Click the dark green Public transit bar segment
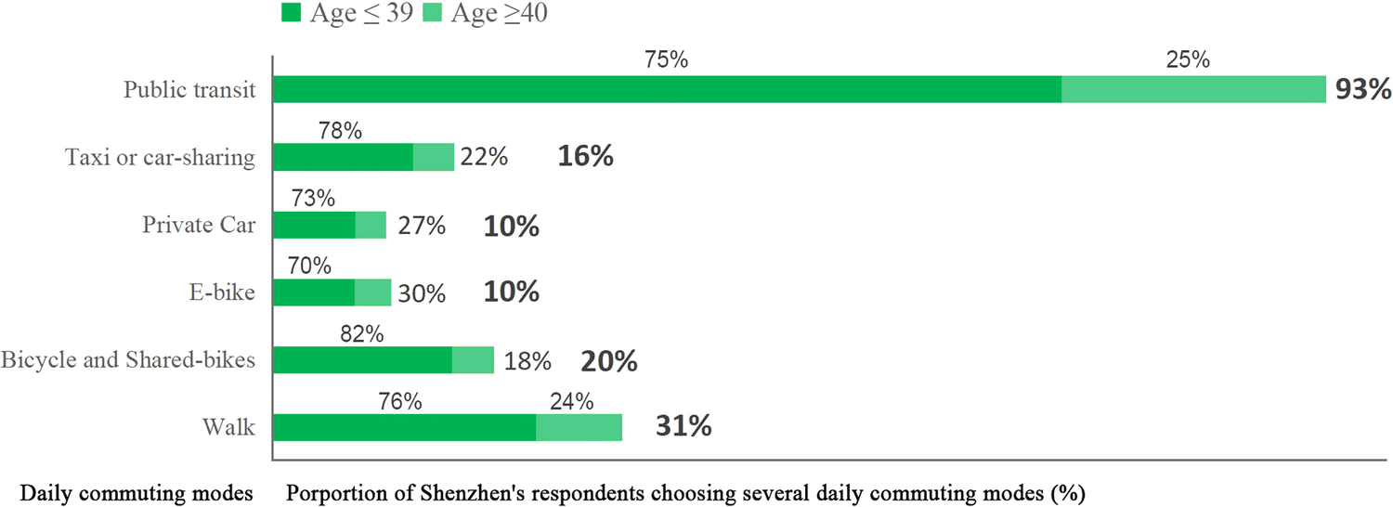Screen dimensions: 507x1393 (667, 90)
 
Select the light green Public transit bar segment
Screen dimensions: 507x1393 (1192, 90)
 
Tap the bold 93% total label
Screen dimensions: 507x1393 (1362, 90)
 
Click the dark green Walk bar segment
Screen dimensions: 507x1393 (404, 427)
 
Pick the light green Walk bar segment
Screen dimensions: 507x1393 (579, 427)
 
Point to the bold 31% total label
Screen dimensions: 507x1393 (683, 427)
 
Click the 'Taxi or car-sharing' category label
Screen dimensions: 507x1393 (160, 157)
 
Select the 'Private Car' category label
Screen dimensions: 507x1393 (198, 225)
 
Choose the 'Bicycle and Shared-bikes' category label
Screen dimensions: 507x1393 (128, 359)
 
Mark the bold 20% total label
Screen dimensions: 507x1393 (609, 360)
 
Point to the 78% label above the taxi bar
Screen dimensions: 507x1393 (340, 132)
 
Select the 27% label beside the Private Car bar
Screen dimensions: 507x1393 (421, 226)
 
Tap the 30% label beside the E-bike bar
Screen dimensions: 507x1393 (422, 293)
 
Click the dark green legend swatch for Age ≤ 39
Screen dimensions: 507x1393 (291, 13)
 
